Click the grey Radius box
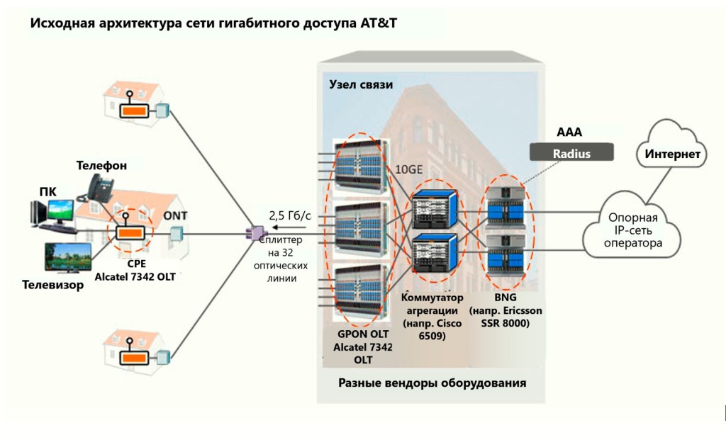571,153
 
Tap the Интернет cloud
673,153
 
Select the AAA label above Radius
569,132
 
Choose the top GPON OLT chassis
357,162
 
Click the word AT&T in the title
379,23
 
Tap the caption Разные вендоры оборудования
432,383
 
